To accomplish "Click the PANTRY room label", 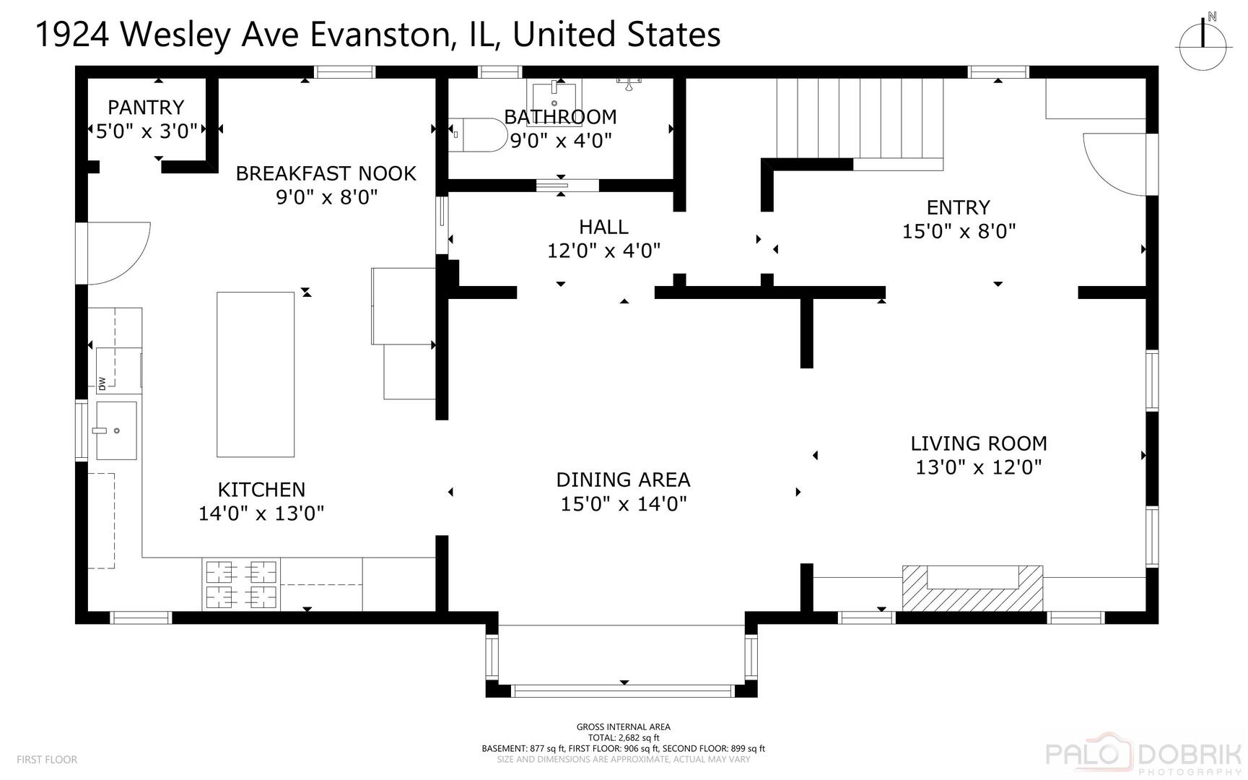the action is pyautogui.click(x=146, y=108).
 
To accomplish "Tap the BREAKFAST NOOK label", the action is pyautogui.click(x=326, y=173).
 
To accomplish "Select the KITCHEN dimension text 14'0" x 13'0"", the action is pyautogui.click(x=261, y=513).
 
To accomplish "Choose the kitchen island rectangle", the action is pyautogui.click(x=256, y=374).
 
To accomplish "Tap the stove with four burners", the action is pyautogui.click(x=241, y=584).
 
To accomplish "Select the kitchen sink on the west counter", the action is pyautogui.click(x=116, y=430).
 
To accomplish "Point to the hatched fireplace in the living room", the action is pyautogui.click(x=972, y=588).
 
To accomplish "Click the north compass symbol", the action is pyautogui.click(x=1203, y=40).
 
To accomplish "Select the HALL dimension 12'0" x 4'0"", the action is pyautogui.click(x=604, y=251).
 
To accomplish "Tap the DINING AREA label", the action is pyautogui.click(x=623, y=480).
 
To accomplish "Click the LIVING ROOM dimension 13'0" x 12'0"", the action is pyautogui.click(x=979, y=467).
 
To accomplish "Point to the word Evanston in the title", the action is pyautogui.click(x=382, y=35).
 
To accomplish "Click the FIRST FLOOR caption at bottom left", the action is pyautogui.click(x=47, y=760).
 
